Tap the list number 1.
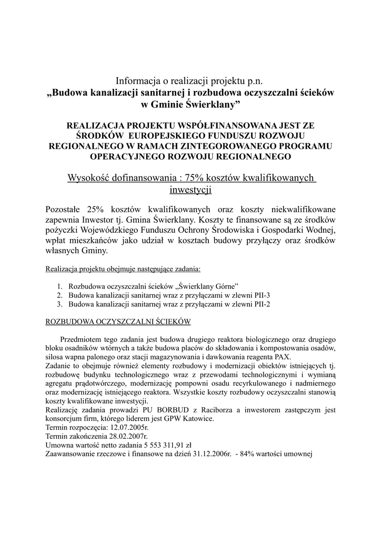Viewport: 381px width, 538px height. (60, 286)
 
